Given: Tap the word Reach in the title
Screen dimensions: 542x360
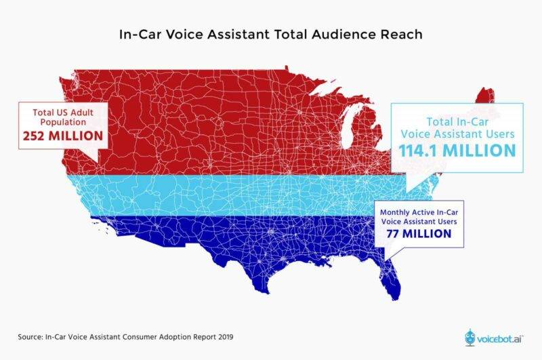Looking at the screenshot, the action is coord(401,34).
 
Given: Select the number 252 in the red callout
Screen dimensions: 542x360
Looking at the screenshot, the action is coord(34,136).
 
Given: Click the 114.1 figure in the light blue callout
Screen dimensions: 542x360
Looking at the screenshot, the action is coord(419,151).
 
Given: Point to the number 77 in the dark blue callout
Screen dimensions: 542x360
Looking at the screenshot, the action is coord(393,234).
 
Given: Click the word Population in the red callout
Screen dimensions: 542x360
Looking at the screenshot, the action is coord(63,122).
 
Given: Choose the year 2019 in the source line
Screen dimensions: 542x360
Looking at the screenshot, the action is coord(226,337).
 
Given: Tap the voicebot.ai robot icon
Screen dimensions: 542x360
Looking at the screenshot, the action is coord(470,337).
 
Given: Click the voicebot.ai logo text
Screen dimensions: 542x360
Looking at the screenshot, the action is coord(500,338).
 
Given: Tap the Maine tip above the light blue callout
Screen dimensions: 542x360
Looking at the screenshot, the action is coord(485,96).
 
